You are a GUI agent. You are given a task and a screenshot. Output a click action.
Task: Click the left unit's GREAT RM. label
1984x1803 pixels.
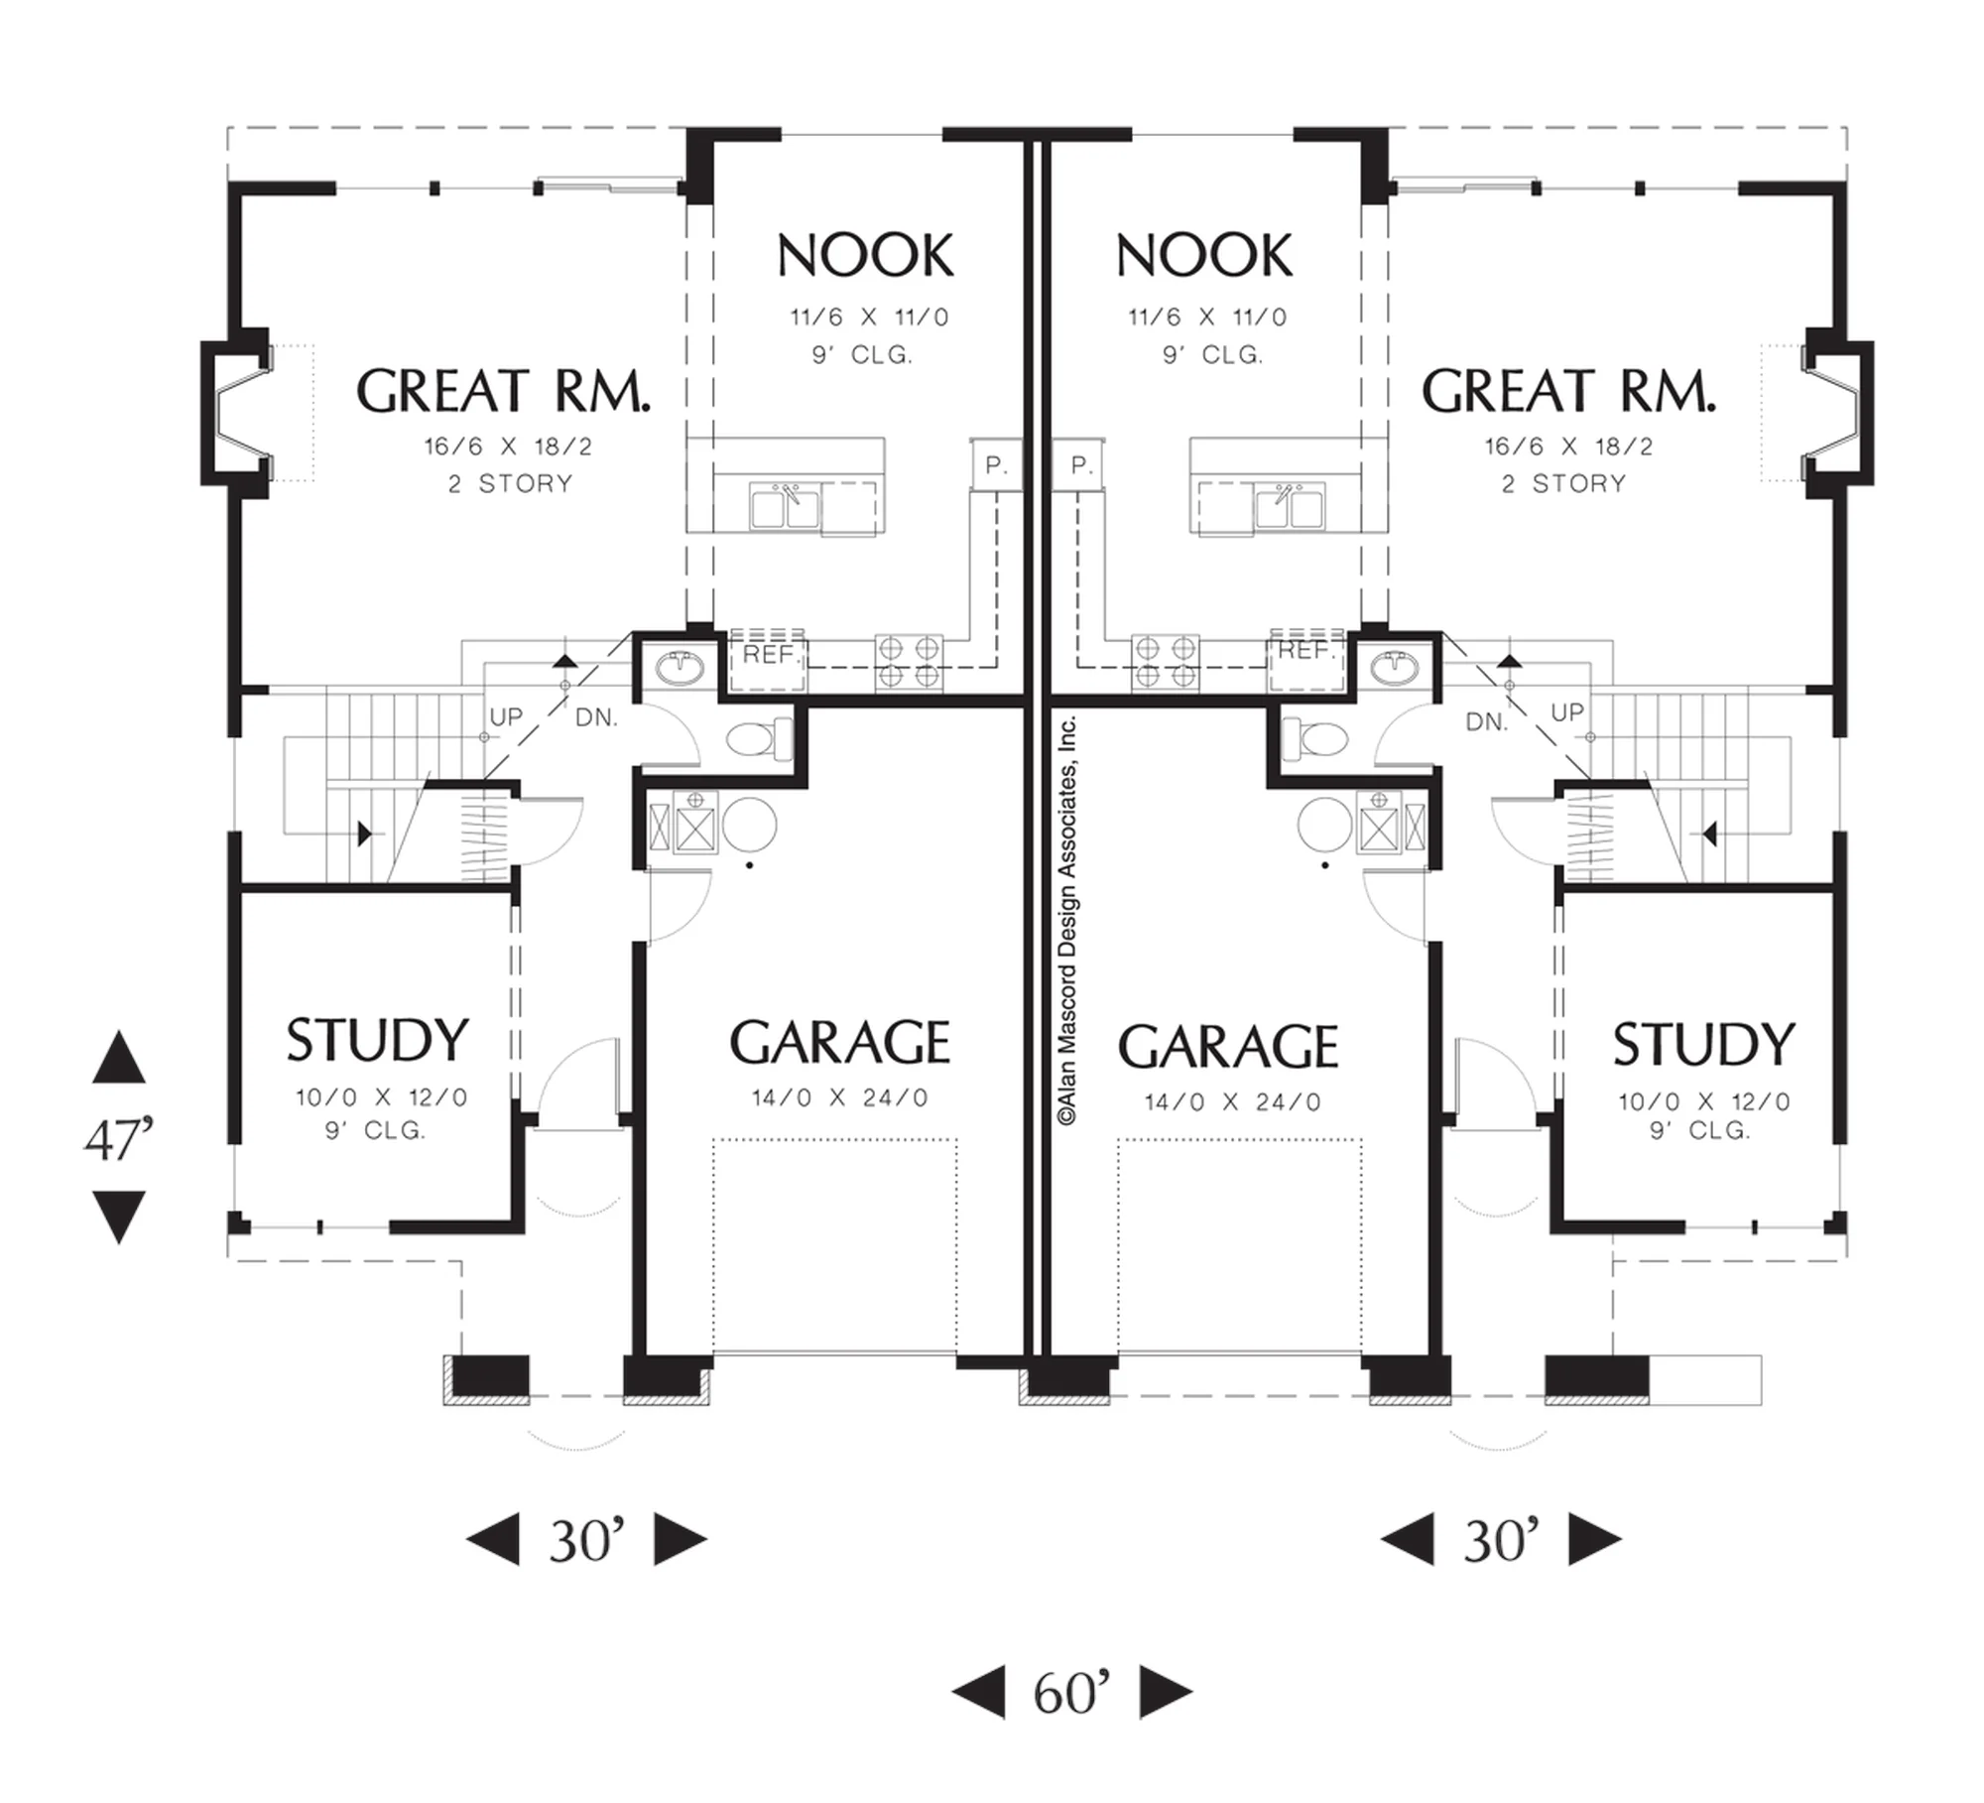point(503,391)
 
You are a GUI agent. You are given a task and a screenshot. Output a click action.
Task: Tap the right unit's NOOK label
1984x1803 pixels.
point(1204,256)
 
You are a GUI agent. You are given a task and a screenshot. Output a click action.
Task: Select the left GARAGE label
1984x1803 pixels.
point(840,1043)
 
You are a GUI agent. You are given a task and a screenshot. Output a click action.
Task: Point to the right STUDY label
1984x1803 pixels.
point(1703,1045)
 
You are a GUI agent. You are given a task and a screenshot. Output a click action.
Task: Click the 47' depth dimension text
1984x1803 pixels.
point(119,1138)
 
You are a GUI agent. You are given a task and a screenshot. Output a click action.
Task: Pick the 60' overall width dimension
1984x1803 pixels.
point(1071,1693)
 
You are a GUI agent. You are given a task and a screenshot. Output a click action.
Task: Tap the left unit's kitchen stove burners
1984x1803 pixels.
point(909,662)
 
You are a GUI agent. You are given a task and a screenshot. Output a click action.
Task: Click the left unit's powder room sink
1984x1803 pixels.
point(681,668)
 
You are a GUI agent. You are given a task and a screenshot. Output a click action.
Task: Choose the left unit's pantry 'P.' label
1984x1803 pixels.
point(996,464)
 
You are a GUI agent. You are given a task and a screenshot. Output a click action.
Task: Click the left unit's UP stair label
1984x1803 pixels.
point(506,716)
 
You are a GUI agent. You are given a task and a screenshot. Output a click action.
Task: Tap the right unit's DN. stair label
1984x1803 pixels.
point(1486,722)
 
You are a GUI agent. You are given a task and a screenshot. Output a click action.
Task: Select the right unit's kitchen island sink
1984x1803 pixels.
point(1289,507)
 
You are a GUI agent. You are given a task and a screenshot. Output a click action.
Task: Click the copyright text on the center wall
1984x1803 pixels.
point(1067,920)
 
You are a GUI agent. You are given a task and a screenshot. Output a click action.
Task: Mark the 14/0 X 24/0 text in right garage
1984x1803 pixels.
point(1232,1102)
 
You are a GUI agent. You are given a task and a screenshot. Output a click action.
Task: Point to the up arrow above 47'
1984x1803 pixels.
point(119,1056)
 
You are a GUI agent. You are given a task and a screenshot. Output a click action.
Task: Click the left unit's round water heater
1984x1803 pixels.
point(749,824)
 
